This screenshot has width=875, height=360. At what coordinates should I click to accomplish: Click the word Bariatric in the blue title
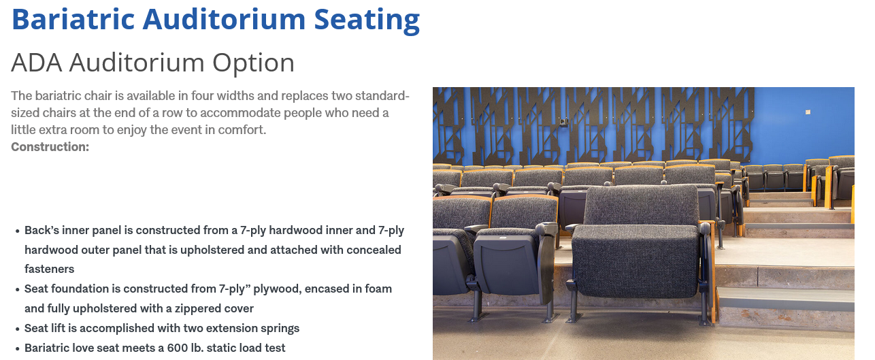pyautogui.click(x=73, y=19)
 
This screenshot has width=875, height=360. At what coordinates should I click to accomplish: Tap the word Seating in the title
pyautogui.click(x=367, y=20)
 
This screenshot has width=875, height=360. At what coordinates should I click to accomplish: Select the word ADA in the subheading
pyautogui.click(x=36, y=63)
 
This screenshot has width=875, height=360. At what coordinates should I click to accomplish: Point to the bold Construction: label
pyautogui.click(x=50, y=147)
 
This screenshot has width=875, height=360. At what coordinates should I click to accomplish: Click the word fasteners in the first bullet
pyautogui.click(x=49, y=269)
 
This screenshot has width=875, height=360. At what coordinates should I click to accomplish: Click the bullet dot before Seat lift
pyautogui.click(x=17, y=329)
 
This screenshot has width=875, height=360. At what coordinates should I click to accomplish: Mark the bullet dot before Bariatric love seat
pyautogui.click(x=17, y=348)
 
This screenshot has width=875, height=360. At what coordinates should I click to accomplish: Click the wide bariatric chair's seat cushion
pyautogui.click(x=636, y=261)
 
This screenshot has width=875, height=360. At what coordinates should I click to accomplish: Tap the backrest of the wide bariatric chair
pyautogui.click(x=642, y=206)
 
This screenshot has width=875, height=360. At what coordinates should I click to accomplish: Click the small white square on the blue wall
pyautogui.click(x=808, y=112)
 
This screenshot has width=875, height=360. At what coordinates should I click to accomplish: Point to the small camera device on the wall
pyautogui.click(x=563, y=122)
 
